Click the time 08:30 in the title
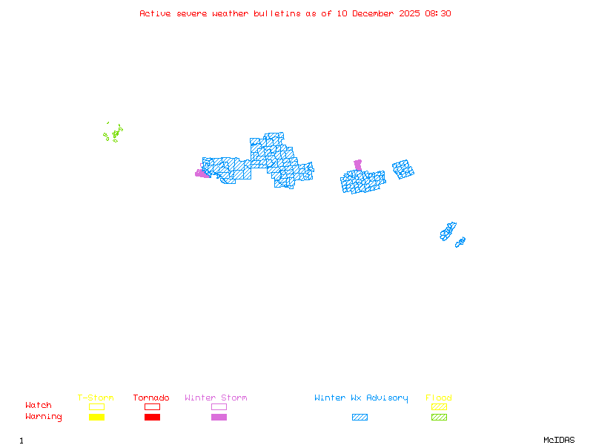tap(437, 13)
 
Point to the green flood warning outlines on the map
tap(114, 133)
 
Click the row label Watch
tap(39, 406)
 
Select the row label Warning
tap(44, 417)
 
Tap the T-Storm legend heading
tap(96, 398)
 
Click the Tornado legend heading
tap(151, 398)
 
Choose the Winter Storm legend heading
tap(216, 398)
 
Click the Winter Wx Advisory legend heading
tap(361, 398)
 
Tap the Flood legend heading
tap(439, 398)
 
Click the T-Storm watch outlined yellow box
tap(96, 406)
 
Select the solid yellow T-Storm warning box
tap(96, 418)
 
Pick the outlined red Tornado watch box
tap(152, 406)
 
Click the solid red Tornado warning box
tap(152, 418)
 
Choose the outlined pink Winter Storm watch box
tap(219, 406)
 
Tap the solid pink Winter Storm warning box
tap(219, 418)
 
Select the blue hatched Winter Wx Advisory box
tap(360, 418)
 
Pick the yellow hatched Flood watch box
tap(439, 406)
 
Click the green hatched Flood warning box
tap(439, 418)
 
